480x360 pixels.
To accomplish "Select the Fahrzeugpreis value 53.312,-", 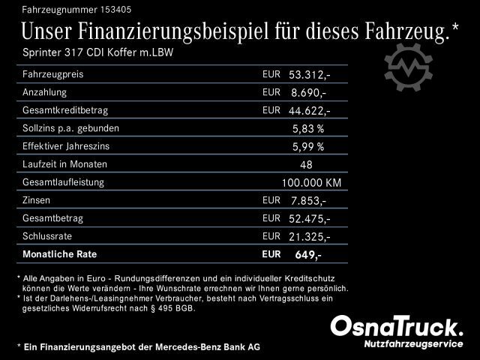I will (x=309, y=75).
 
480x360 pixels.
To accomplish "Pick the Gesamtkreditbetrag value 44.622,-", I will (x=309, y=111).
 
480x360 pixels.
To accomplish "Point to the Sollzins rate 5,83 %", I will (x=307, y=129).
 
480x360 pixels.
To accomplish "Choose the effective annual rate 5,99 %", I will (x=307, y=147).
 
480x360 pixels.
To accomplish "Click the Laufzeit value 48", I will (x=306, y=165).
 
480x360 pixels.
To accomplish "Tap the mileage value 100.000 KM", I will (x=311, y=183).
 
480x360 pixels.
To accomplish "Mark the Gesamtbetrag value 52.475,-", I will (x=309, y=219).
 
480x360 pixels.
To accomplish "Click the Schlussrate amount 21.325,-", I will (x=309, y=237).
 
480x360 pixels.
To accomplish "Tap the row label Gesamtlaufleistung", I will (x=63, y=182).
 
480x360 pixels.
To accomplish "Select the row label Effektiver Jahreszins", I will (x=68, y=146).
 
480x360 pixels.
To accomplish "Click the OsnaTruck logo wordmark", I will (x=397, y=326).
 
